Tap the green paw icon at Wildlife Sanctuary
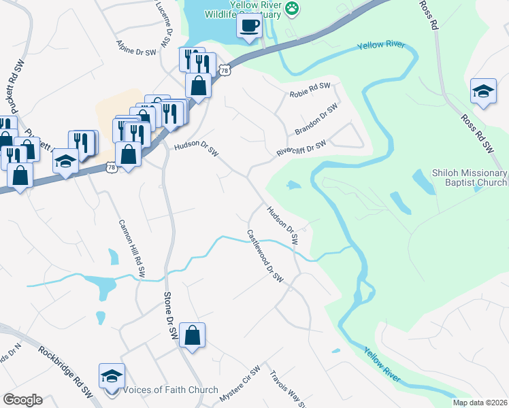point(292,8)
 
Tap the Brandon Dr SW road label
point(316,119)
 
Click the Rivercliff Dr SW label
point(301,148)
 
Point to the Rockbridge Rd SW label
point(65,371)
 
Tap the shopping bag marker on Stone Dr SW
point(193,335)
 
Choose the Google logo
point(22,399)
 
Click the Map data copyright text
point(480,403)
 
